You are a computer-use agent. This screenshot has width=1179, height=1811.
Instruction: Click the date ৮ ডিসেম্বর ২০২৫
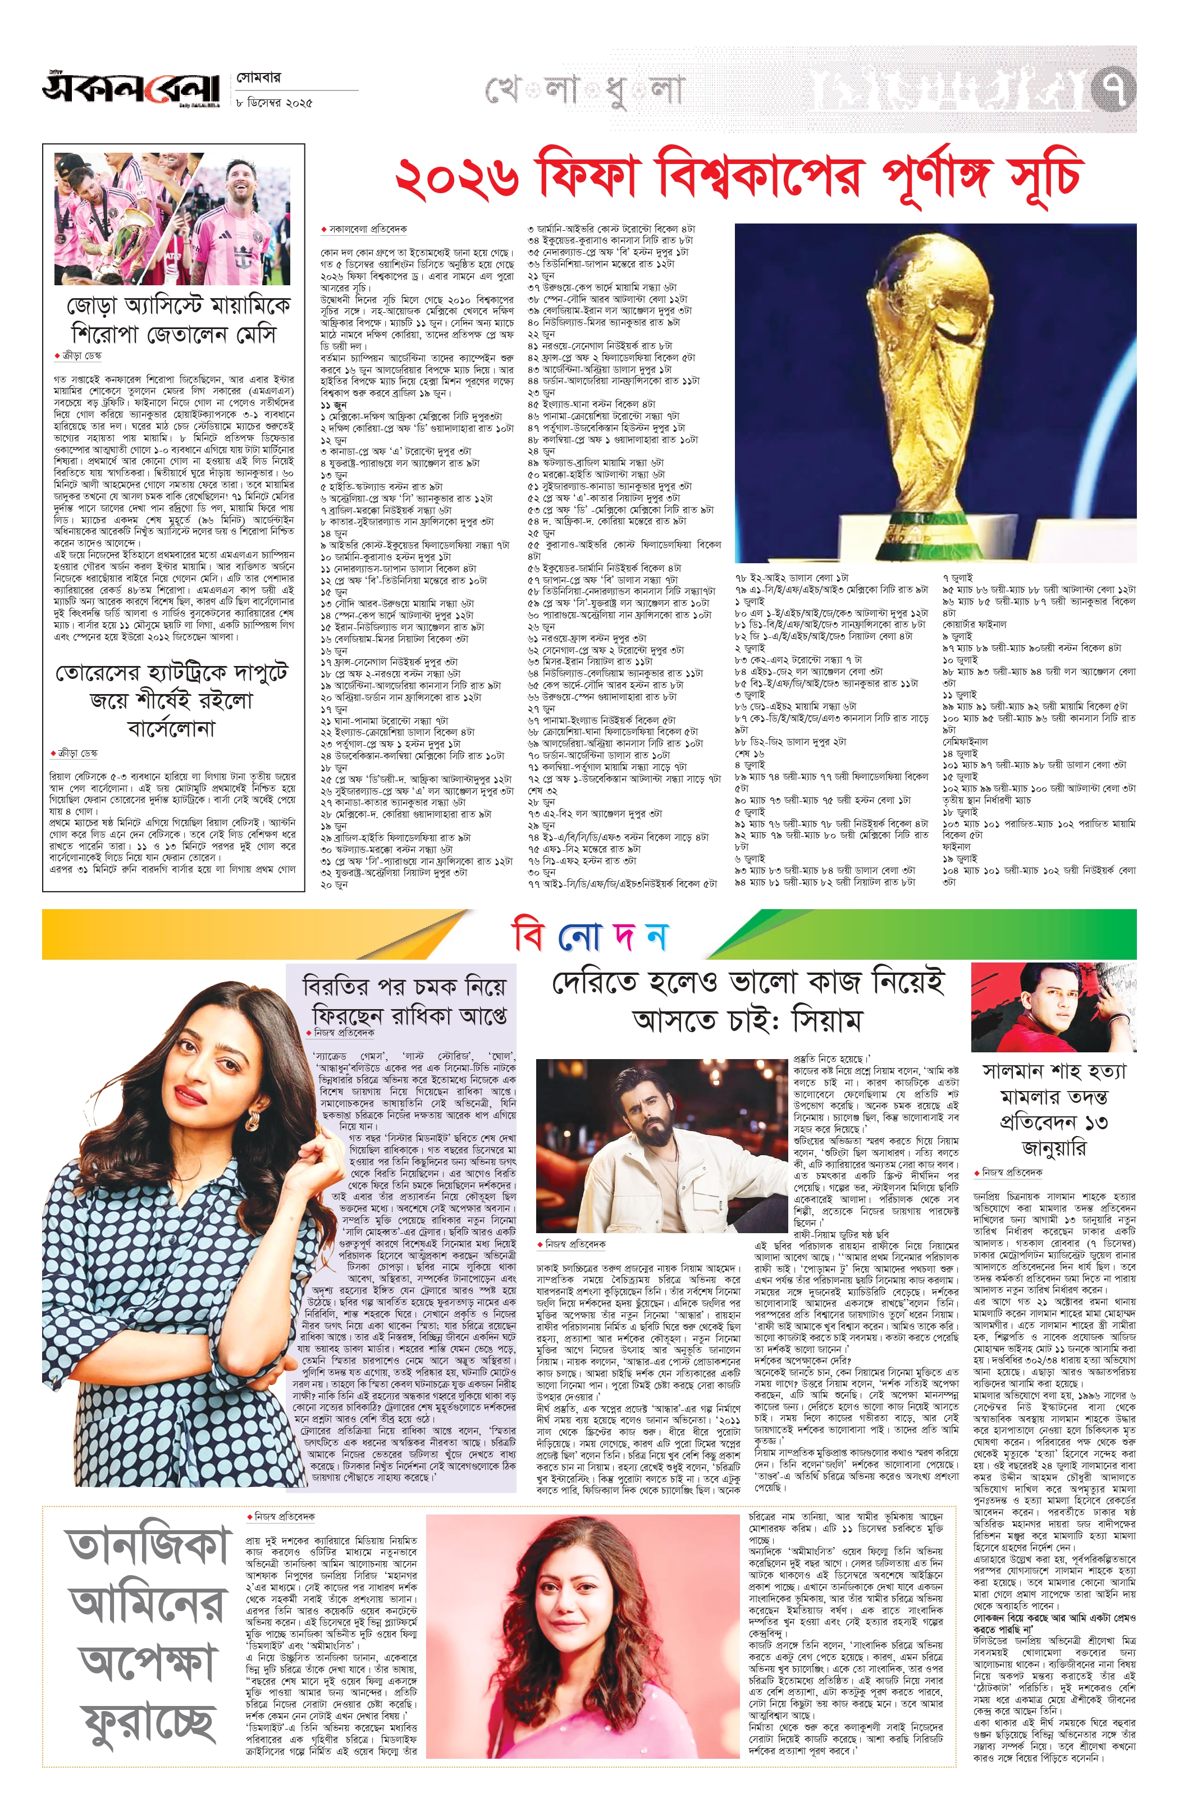[x=274, y=103]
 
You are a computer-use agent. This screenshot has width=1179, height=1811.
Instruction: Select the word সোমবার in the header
[x=259, y=77]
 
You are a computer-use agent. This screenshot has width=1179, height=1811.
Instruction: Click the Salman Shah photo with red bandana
[x=1053, y=1007]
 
